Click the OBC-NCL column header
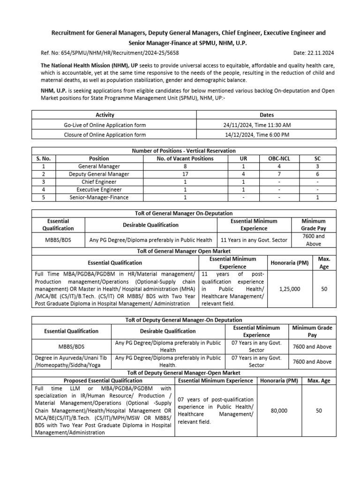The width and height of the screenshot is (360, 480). (279, 158)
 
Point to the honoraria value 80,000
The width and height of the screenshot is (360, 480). (279, 411)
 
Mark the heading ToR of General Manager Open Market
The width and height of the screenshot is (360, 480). (184, 251)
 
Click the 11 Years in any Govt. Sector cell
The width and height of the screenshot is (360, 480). (254, 240)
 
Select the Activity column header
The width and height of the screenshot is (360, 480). (105, 115)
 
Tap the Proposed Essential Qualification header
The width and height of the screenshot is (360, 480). (103, 381)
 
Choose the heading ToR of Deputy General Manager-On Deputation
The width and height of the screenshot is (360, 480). (184, 320)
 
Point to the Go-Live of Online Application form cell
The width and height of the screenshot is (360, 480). (105, 125)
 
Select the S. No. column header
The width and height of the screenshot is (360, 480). (43, 158)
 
